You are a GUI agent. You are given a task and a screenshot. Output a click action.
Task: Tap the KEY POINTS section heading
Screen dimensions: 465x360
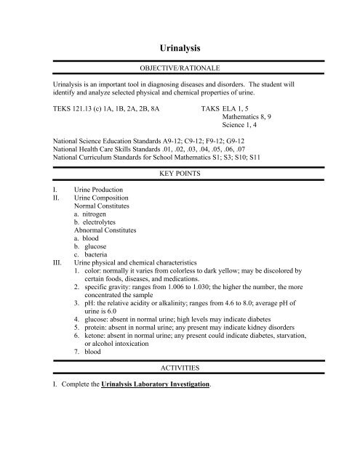[x=180, y=175]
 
